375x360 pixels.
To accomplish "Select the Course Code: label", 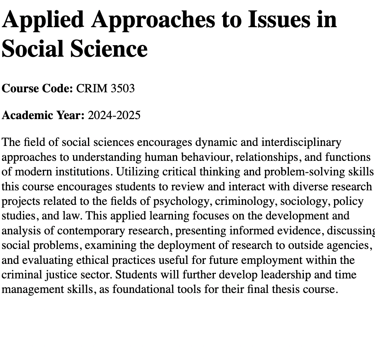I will pyautogui.click(x=37, y=88).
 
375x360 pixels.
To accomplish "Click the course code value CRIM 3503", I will pyautogui.click(x=105, y=88).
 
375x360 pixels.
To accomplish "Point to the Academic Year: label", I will pyautogui.click(x=43, y=115).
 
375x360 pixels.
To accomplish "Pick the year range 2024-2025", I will pyautogui.click(x=114, y=115).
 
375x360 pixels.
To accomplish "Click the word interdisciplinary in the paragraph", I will pyautogui.click(x=301, y=142).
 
